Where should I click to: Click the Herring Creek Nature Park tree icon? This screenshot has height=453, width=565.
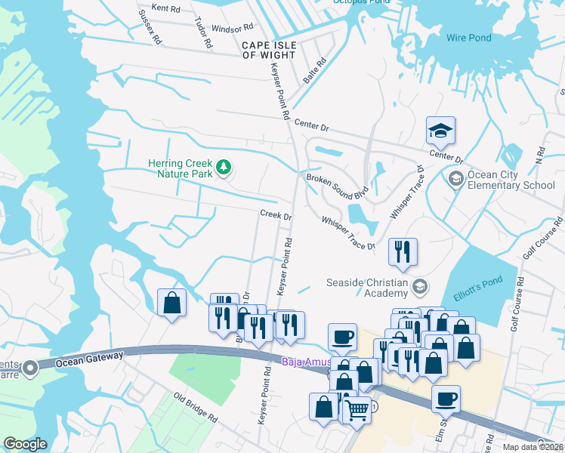click(x=223, y=167)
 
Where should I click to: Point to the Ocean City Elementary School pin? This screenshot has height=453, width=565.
click(x=455, y=179)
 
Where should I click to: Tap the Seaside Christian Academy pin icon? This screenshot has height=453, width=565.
click(x=421, y=285)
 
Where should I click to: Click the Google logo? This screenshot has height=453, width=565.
click(x=26, y=444)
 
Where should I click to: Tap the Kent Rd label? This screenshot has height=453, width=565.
click(x=166, y=8)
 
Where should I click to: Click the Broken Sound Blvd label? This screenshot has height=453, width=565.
click(x=336, y=183)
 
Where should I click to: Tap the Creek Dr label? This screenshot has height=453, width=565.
click(x=276, y=215)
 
